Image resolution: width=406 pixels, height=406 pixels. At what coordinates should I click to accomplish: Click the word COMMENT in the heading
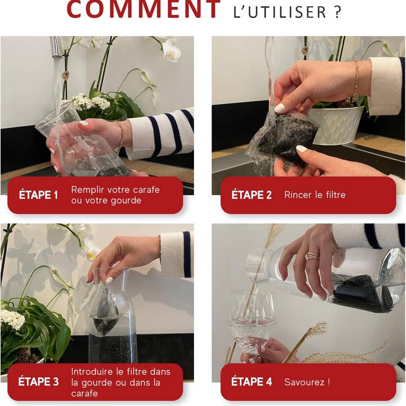144,10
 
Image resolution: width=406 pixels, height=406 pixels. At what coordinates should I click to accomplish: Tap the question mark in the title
337,12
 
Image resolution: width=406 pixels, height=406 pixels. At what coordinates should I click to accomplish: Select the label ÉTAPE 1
38,195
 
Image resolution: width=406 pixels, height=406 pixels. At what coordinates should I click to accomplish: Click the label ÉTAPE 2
251,195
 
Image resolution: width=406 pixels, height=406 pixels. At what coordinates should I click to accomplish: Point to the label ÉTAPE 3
38,382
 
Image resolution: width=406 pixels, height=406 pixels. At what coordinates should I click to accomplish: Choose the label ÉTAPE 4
251,382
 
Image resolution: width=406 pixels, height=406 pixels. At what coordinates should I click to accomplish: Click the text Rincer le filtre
315,195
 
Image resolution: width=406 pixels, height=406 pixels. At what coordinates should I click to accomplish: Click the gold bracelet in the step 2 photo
356,79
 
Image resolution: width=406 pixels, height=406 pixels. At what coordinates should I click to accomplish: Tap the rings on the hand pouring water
312,257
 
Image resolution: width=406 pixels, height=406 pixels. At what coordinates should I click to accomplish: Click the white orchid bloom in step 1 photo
171,52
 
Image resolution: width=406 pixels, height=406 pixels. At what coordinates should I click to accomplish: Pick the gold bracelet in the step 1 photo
120,134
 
